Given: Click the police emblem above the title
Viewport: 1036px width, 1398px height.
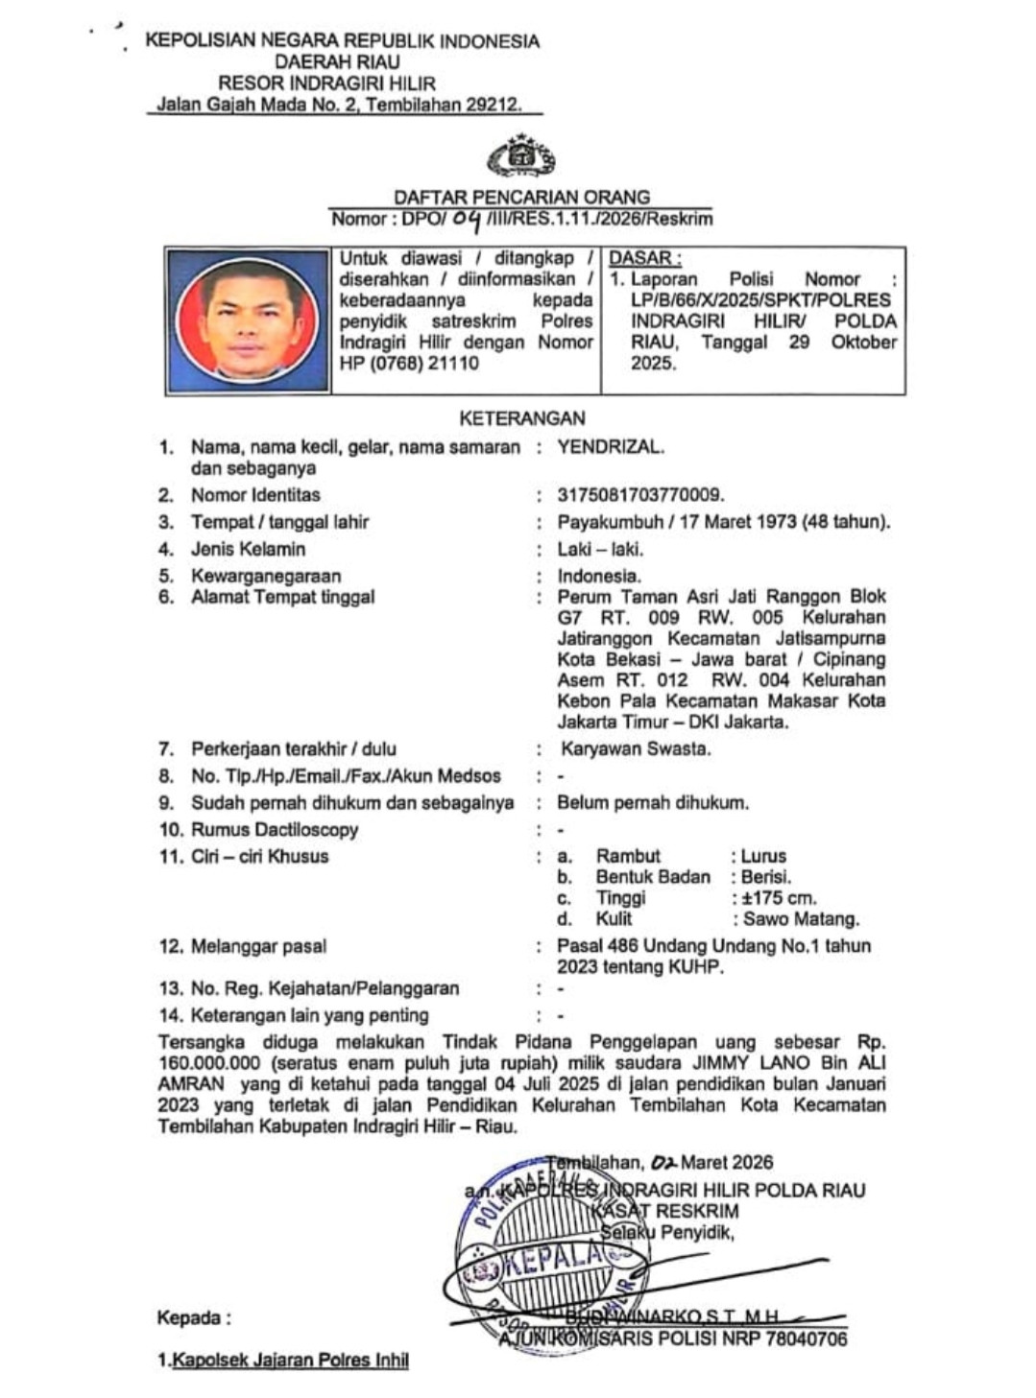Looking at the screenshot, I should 521,157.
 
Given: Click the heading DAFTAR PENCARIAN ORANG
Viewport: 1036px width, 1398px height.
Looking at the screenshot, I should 521,197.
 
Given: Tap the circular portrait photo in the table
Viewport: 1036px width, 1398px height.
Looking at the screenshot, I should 248,319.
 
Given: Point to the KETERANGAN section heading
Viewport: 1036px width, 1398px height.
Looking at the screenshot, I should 521,418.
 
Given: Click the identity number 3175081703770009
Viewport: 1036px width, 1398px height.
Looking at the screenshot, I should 640,495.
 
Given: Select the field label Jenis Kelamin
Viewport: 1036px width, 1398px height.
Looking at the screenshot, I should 248,549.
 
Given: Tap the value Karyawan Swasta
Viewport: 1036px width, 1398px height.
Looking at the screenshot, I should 636,749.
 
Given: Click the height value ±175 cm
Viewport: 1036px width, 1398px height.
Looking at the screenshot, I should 777,898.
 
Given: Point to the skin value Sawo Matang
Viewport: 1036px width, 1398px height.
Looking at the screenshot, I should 802,919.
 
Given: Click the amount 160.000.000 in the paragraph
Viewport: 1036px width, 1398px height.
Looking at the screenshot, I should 209,1063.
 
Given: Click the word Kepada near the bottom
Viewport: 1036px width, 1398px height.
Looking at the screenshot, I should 191,1318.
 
